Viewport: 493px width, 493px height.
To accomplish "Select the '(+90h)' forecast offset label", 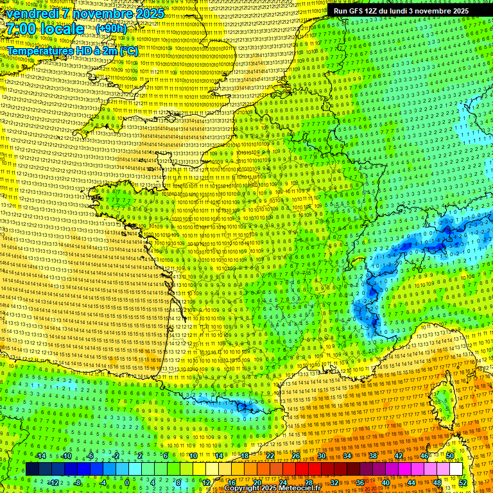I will tap(111, 29).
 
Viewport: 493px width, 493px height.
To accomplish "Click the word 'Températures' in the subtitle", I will tap(38, 50).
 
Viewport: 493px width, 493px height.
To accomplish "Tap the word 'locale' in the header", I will tap(62, 30).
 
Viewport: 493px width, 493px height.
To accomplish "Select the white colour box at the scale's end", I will tap(456, 469).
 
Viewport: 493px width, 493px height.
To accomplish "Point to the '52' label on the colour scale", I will tap(463, 482).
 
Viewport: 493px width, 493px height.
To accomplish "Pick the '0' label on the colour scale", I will tap(128, 482).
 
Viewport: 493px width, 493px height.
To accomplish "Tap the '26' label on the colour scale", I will tap(296, 456).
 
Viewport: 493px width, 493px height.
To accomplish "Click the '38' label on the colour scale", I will tap(373, 456).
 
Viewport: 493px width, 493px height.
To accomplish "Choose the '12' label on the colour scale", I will tap(206, 482).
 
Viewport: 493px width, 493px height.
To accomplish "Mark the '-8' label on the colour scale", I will tap(77, 482).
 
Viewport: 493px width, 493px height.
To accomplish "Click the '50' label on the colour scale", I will tap(450, 456).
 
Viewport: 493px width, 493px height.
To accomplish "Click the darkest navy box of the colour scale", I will tap(32, 469).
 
